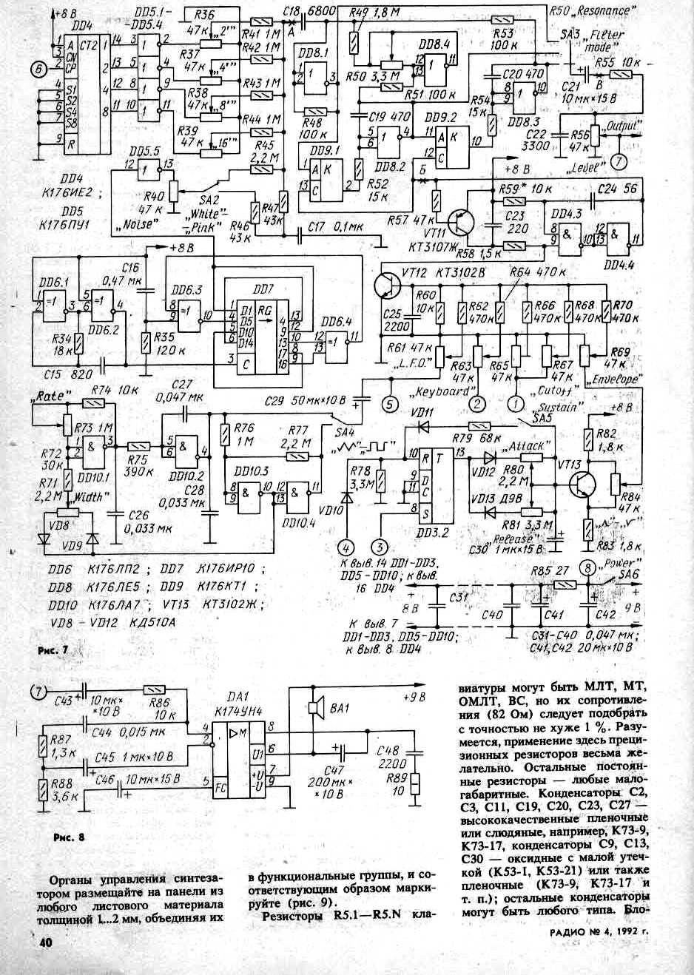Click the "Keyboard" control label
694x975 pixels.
point(445,391)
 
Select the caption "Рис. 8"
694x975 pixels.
point(70,837)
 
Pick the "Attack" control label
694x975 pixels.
point(526,446)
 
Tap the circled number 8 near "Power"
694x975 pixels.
point(586,568)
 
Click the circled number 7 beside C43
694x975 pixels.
point(38,692)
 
